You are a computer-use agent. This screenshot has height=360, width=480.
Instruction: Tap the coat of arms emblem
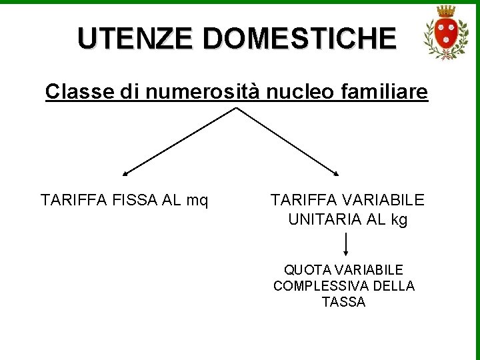446,33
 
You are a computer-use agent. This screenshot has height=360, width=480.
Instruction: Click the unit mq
196,200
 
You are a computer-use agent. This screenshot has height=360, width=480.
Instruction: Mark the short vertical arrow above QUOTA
347,244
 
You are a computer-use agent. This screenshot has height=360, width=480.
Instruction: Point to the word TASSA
343,302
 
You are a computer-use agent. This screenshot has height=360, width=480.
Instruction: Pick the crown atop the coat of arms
446,11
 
